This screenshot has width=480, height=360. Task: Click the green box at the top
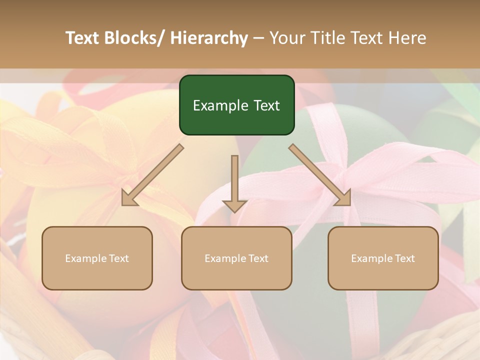(236, 105)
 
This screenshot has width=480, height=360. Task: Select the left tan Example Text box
(97, 258)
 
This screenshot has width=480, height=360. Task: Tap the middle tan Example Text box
(236, 258)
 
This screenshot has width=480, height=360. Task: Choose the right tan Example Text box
(383, 258)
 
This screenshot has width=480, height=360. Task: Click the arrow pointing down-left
(152, 175)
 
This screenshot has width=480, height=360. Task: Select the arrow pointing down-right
(320, 175)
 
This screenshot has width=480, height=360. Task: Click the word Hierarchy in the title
(209, 38)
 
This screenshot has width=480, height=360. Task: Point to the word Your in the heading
(287, 38)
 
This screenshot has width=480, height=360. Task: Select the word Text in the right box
(404, 258)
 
